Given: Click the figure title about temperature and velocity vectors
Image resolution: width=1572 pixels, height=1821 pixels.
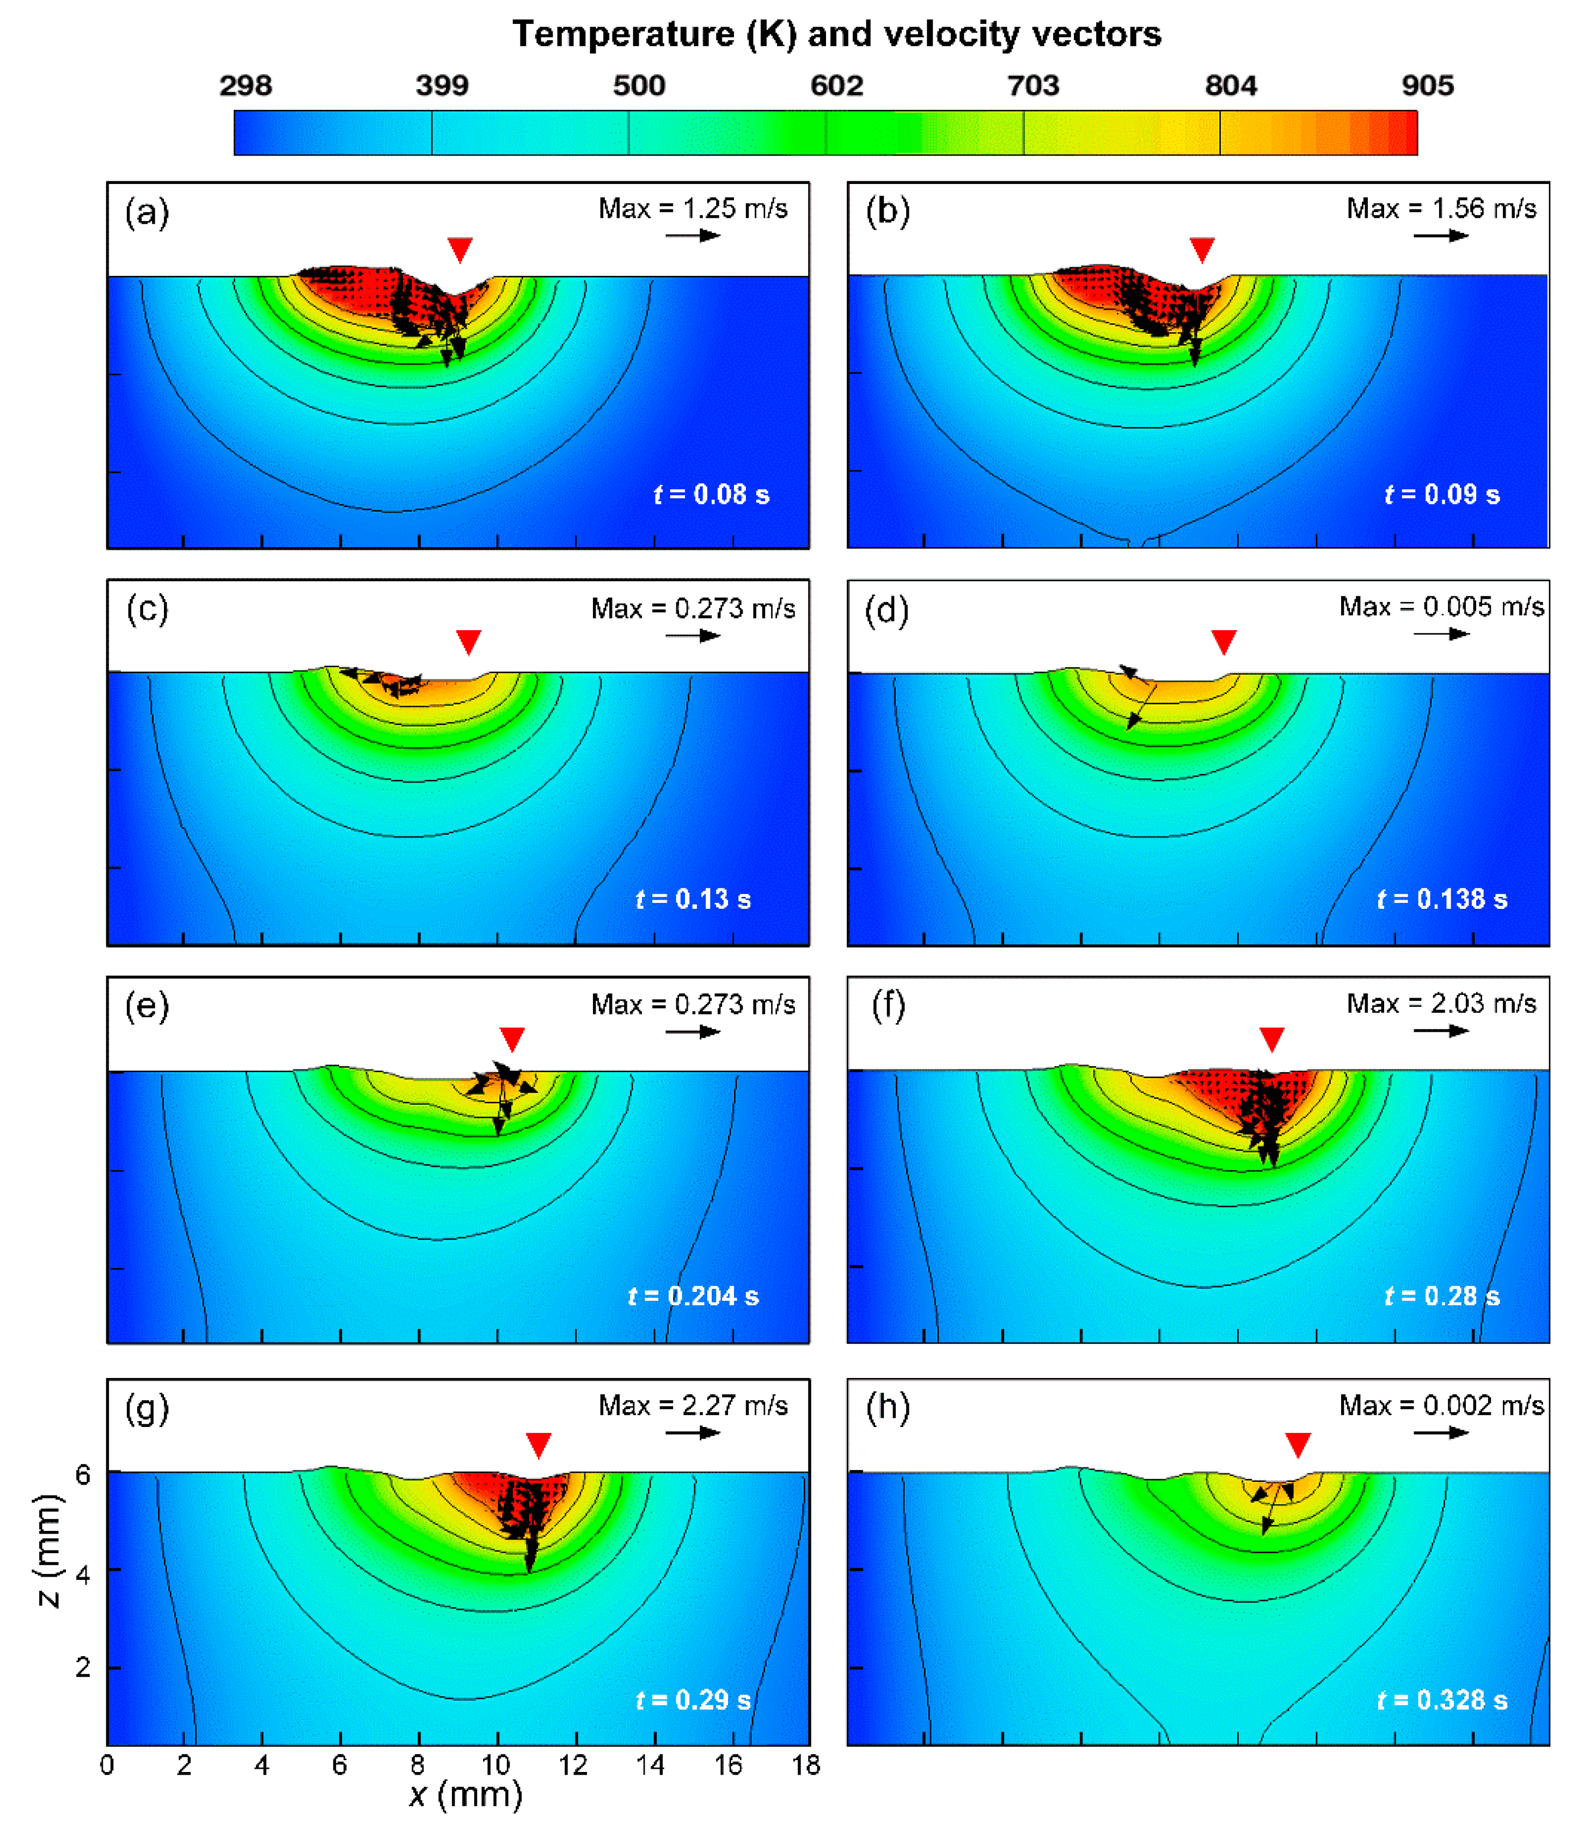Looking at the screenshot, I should [836, 34].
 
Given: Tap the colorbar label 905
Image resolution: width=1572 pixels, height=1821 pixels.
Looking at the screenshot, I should [1427, 85].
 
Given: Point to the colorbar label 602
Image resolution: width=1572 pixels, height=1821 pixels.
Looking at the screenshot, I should [836, 85].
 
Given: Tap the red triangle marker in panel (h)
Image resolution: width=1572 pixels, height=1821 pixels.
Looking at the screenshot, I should [1298, 1444].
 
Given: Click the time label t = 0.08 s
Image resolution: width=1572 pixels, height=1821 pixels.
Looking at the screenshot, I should [711, 495].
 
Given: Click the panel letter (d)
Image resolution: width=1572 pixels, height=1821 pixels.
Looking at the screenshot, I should [886, 610].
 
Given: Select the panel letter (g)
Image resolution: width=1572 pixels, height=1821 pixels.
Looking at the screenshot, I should [147, 1408].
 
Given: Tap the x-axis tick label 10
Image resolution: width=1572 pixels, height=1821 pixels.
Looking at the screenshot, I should [496, 1765].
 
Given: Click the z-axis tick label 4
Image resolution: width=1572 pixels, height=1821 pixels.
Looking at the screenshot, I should [83, 1573].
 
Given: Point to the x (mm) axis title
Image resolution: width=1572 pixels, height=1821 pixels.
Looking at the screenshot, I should [466, 1795].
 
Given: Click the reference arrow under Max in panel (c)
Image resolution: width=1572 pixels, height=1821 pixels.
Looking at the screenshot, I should [693, 636].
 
